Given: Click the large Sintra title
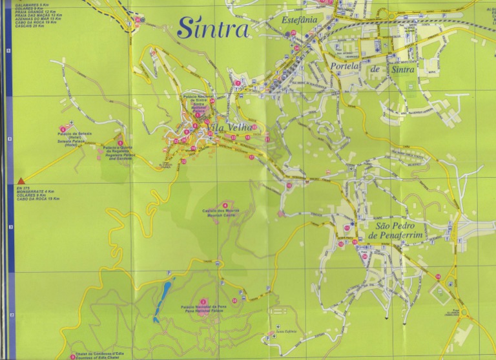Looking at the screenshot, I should click(x=212, y=28).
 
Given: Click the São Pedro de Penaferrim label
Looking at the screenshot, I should click(x=403, y=232).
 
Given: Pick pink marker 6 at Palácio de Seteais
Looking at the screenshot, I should click(x=63, y=128).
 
